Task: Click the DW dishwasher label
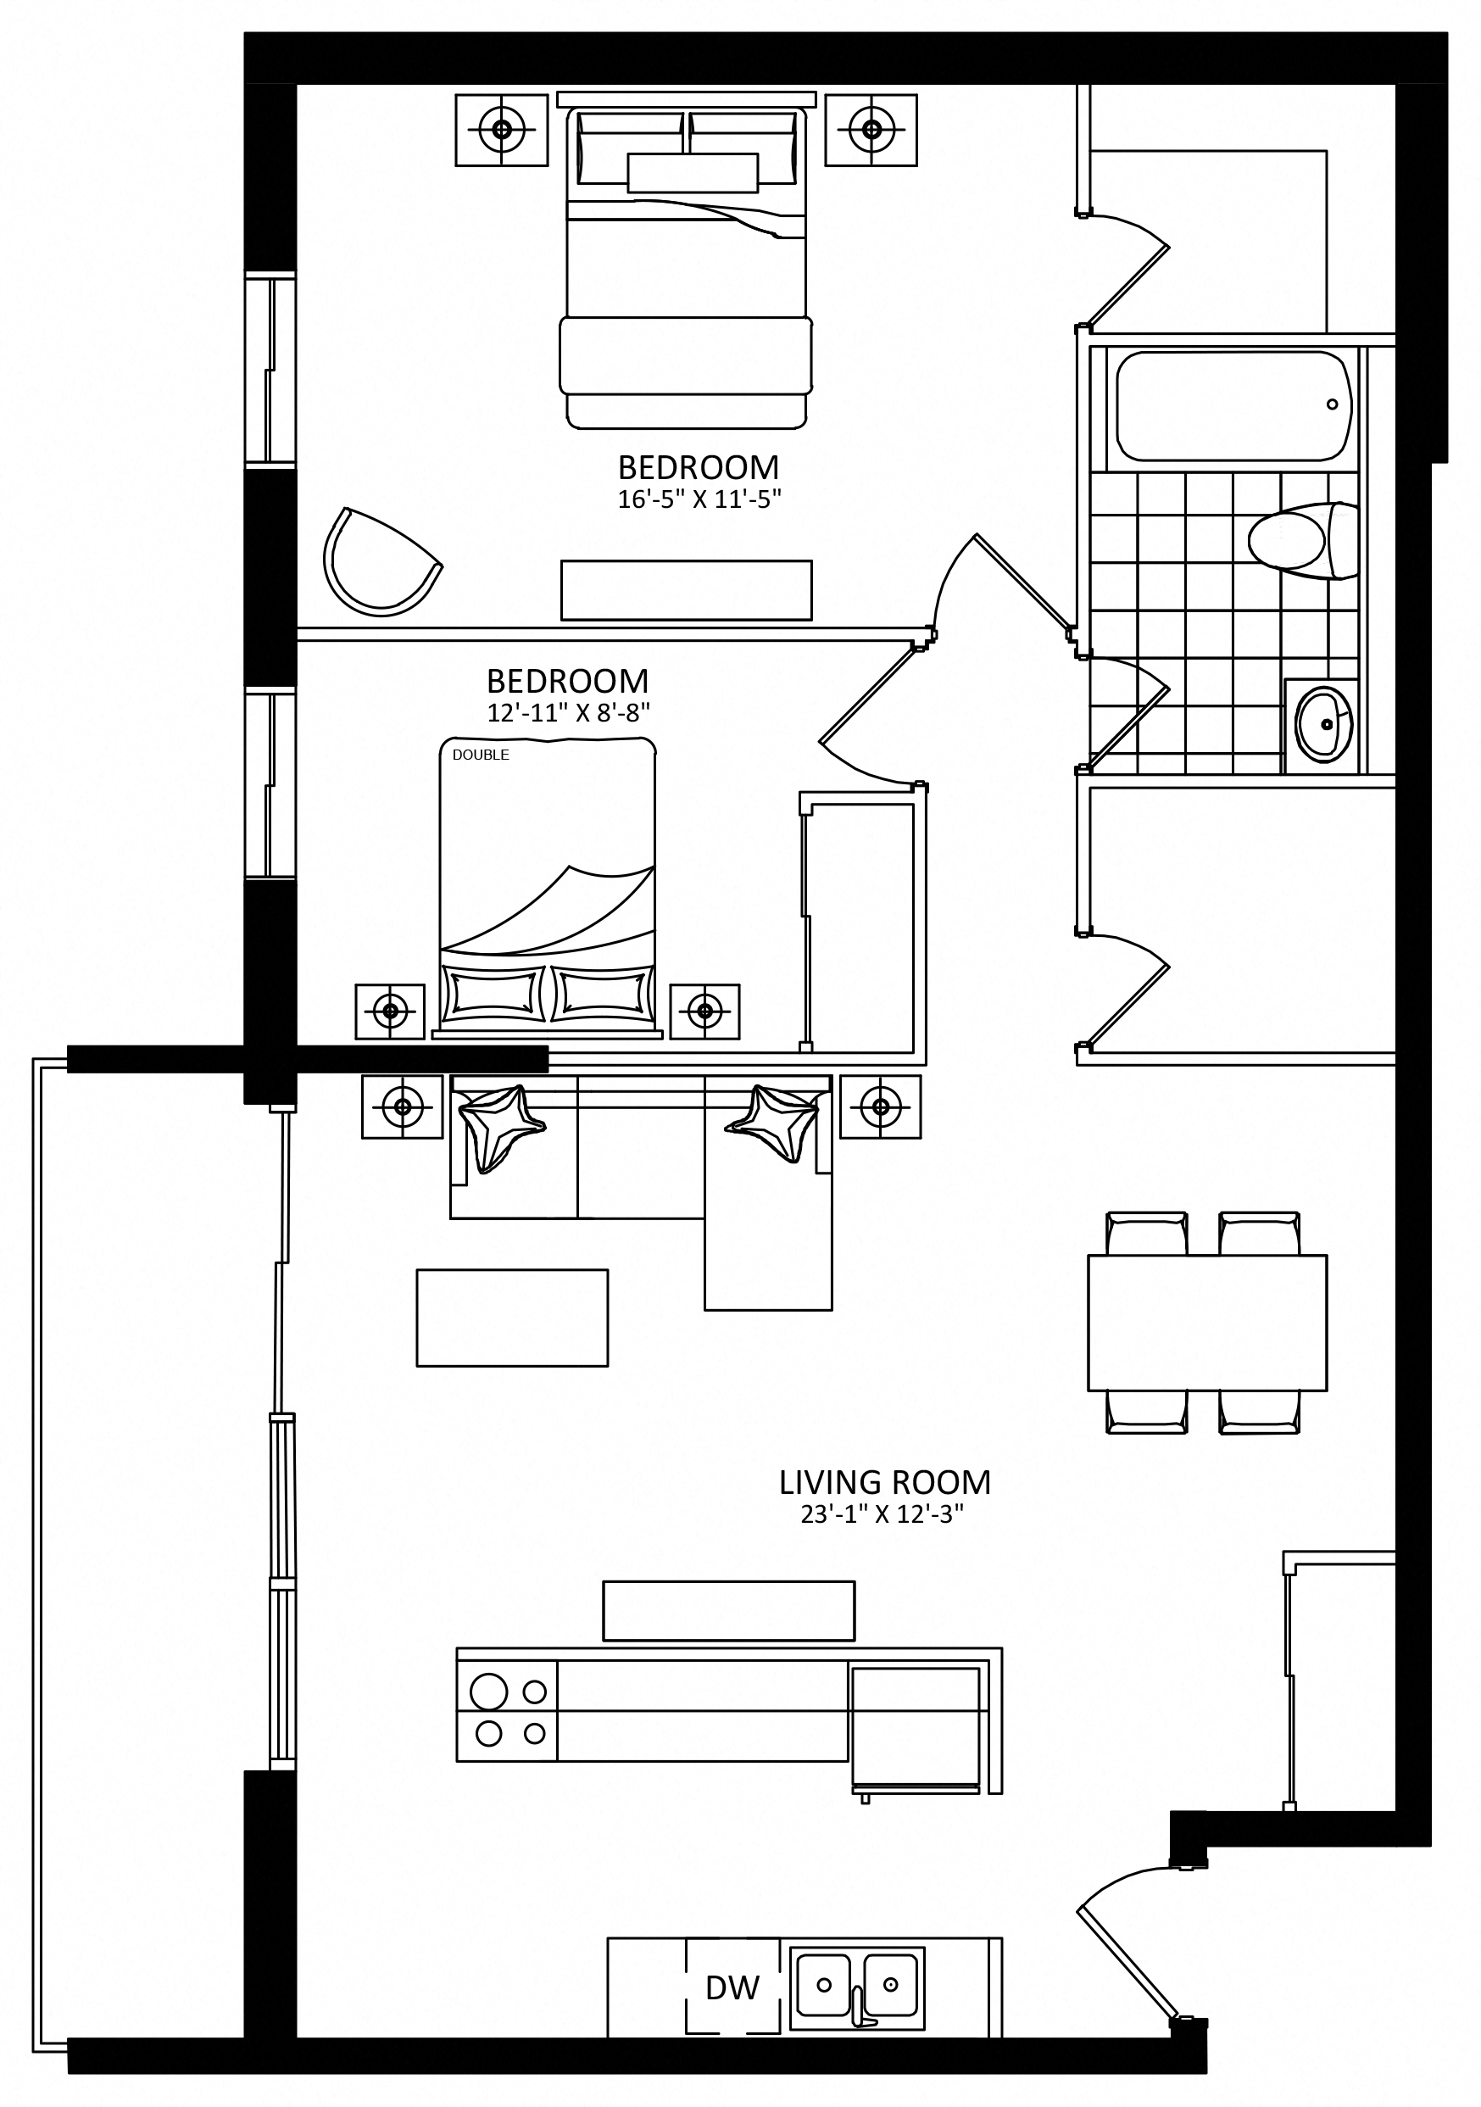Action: click(732, 1988)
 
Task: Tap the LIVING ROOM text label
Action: click(884, 1483)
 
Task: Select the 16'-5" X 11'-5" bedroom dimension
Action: click(699, 500)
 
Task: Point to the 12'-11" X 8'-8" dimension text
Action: click(569, 712)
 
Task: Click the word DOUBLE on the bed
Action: click(481, 755)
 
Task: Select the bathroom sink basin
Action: click(1324, 722)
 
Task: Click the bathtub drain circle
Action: click(1333, 404)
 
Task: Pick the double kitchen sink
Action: click(857, 1987)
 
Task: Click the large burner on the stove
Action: click(488, 1691)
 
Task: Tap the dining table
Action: click(1206, 1323)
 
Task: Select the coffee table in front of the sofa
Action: click(512, 1318)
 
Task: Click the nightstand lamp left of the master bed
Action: click(502, 130)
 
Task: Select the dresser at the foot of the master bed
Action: click(687, 590)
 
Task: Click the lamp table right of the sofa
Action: click(881, 1106)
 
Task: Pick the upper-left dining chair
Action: click(1147, 1234)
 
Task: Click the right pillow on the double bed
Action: click(602, 994)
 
